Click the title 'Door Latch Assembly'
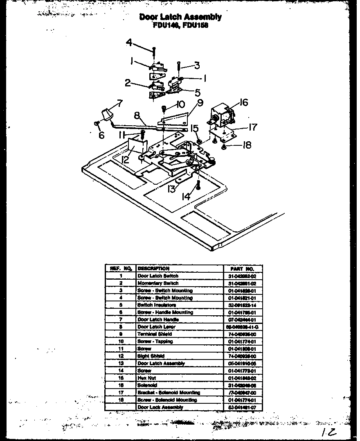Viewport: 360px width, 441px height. pyautogui.click(x=180, y=17)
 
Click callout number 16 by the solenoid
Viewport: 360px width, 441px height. pyautogui.click(x=243, y=102)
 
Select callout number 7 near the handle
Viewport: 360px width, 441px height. pyautogui.click(x=119, y=104)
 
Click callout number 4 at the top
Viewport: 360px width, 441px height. pyautogui.click(x=129, y=43)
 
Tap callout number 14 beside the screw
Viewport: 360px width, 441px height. pyautogui.click(x=186, y=196)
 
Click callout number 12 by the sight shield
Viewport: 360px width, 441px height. pyautogui.click(x=125, y=159)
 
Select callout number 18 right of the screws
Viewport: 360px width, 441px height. pyautogui.click(x=246, y=145)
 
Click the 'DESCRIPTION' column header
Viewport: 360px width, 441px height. pyautogui.click(x=153, y=269)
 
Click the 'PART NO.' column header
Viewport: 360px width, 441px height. pyautogui.click(x=242, y=269)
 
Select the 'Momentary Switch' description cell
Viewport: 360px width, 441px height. pyautogui.click(x=158, y=283)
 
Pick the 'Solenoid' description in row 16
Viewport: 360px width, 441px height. pyautogui.click(x=147, y=385)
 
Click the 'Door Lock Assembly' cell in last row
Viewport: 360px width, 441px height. pyautogui.click(x=160, y=407)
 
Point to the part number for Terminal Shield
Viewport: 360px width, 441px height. pyautogui.click(x=242, y=334)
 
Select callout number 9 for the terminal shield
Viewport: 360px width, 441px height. pyautogui.click(x=200, y=103)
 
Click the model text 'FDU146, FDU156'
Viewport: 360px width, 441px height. pyautogui.click(x=180, y=25)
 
